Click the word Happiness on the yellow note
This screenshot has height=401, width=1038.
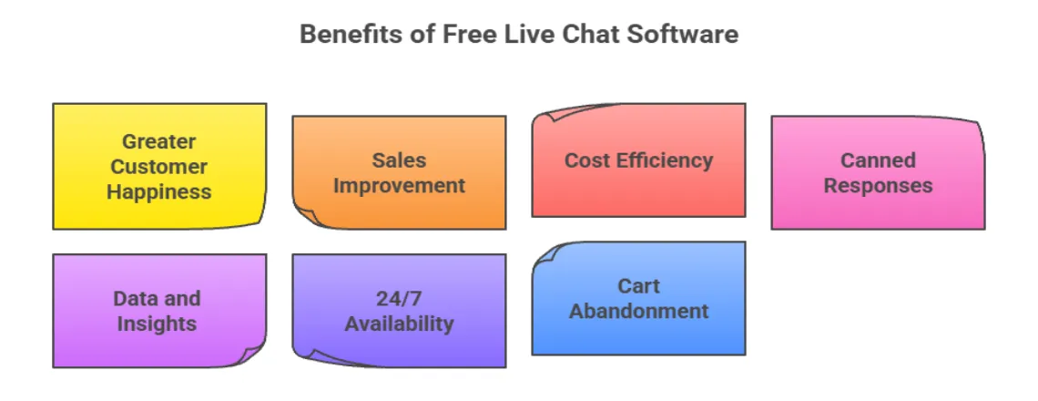click(x=159, y=191)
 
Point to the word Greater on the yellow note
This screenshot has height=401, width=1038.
click(x=159, y=141)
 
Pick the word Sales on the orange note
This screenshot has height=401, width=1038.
click(x=399, y=160)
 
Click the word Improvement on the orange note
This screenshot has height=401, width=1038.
click(x=399, y=186)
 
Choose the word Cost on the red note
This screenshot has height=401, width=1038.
click(x=585, y=160)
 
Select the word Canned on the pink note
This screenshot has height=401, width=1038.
click(x=878, y=160)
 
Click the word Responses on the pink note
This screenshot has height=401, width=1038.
click(x=878, y=186)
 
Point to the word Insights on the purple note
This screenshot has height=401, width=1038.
click(x=157, y=324)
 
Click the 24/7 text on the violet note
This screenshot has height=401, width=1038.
click(x=399, y=298)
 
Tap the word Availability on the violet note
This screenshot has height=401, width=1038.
click(x=399, y=324)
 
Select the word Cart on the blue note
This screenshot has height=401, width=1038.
click(x=638, y=286)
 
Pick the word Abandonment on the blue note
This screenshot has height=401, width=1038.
click(x=638, y=311)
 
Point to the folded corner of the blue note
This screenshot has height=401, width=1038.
click(x=546, y=254)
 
